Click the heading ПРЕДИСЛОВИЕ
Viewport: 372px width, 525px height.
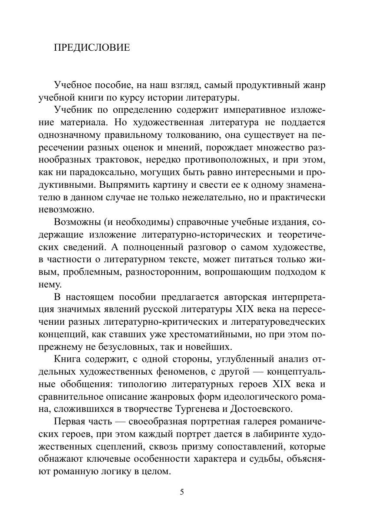[92, 48]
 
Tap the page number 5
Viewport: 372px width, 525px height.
[182, 492]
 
